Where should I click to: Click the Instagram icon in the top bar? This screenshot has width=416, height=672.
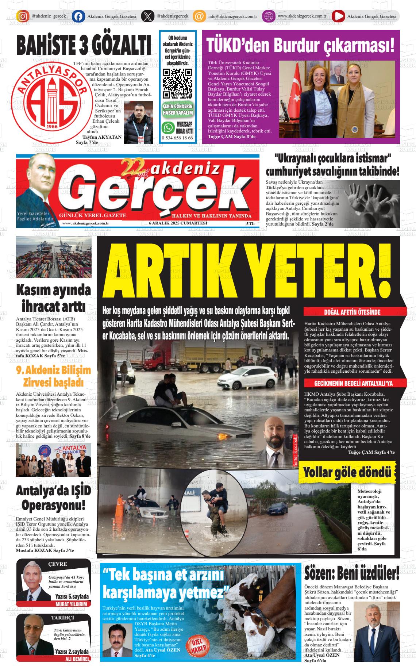23,16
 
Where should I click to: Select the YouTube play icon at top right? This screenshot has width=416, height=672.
338,16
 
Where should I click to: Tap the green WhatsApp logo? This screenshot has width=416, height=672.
169,128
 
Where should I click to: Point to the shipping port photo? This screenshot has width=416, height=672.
54,257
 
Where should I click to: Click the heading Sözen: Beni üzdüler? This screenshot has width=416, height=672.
352,574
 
